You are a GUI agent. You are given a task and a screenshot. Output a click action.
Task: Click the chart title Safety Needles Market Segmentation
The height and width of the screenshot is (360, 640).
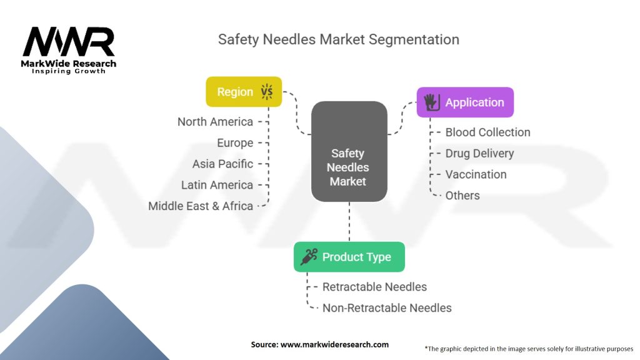tap(338, 39)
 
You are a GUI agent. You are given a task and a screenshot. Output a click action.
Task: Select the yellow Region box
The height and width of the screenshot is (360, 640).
tap(244, 92)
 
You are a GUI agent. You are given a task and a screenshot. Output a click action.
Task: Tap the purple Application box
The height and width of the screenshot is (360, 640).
tap(465, 102)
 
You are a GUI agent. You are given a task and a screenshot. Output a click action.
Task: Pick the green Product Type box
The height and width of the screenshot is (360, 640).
tap(349, 257)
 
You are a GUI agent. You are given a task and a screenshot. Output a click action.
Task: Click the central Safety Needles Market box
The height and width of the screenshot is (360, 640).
tap(349, 167)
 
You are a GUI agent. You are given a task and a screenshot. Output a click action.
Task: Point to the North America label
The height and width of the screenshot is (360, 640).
tap(215, 122)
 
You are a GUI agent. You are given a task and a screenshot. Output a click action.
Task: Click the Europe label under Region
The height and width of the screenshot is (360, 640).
tap(235, 143)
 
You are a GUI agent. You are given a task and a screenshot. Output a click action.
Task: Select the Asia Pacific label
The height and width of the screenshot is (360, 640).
tap(222, 164)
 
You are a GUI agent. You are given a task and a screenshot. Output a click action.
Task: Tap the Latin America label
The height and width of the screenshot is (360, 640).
tap(217, 185)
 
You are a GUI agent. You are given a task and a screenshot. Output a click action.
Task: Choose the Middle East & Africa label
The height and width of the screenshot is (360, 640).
tap(201, 206)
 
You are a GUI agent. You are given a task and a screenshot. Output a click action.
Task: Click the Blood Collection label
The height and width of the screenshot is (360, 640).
tap(487, 132)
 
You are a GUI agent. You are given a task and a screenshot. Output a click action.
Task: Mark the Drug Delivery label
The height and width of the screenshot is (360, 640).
tap(479, 153)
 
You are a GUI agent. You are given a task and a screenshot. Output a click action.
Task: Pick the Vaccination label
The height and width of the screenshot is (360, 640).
tap(476, 174)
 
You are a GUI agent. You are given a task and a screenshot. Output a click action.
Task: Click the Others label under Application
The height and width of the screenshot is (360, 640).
tap(462, 196)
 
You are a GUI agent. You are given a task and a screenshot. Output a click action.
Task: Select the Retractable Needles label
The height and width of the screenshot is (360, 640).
tap(374, 287)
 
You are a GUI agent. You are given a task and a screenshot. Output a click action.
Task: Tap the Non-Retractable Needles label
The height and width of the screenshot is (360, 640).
tap(386, 307)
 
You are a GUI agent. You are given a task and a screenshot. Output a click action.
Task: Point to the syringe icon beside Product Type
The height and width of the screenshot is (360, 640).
tap(308, 257)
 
